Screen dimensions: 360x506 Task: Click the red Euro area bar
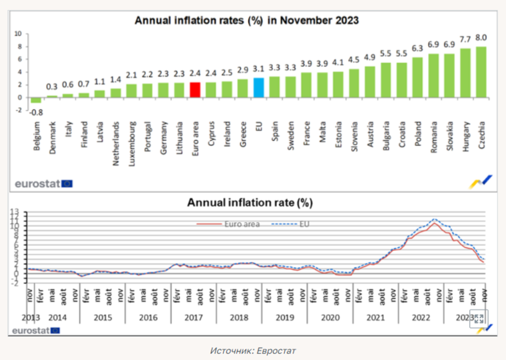coord(194,90)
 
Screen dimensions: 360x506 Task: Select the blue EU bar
coord(258,88)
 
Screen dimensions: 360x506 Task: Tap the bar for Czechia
coord(481,72)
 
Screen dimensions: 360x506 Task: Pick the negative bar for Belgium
coord(36,100)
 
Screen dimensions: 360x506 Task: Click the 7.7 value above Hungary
coord(465,39)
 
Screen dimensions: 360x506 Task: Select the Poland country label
coord(418,135)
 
